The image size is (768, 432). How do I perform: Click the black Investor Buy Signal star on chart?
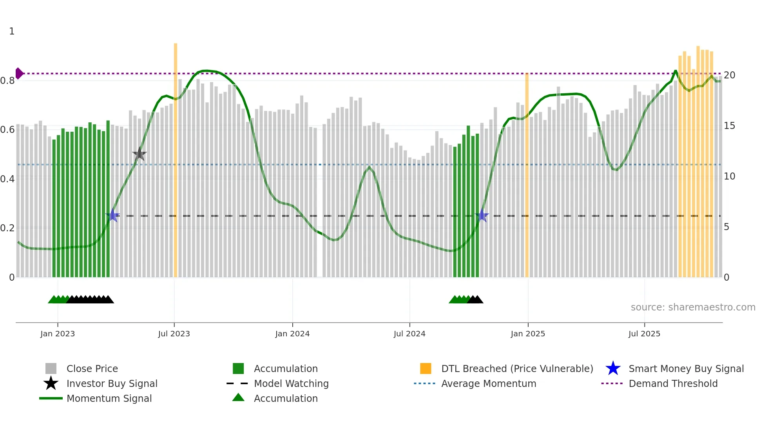[139, 154]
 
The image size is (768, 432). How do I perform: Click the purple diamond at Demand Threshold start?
[19, 73]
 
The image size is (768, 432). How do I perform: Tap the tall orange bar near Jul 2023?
[176, 157]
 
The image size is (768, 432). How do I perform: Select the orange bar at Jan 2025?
[527, 176]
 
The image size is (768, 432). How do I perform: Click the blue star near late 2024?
[482, 216]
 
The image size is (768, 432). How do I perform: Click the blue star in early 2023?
[112, 216]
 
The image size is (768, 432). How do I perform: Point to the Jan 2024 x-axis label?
[292, 334]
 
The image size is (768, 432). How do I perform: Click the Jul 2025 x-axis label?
[644, 334]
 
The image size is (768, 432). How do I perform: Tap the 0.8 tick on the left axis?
[7, 81]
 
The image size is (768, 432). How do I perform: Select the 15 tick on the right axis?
[729, 126]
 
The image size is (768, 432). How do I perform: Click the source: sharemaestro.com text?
[693, 307]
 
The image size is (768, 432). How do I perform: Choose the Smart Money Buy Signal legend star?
[613, 368]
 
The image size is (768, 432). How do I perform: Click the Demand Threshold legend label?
[673, 383]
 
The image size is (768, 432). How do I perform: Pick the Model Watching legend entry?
[291, 383]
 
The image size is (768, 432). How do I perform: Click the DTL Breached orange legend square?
[426, 368]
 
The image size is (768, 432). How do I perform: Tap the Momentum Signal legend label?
[109, 398]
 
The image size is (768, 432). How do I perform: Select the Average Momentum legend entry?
[488, 383]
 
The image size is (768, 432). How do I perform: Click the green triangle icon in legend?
[238, 398]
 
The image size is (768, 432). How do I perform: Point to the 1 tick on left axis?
[12, 31]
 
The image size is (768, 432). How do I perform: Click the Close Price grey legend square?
[51, 368]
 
